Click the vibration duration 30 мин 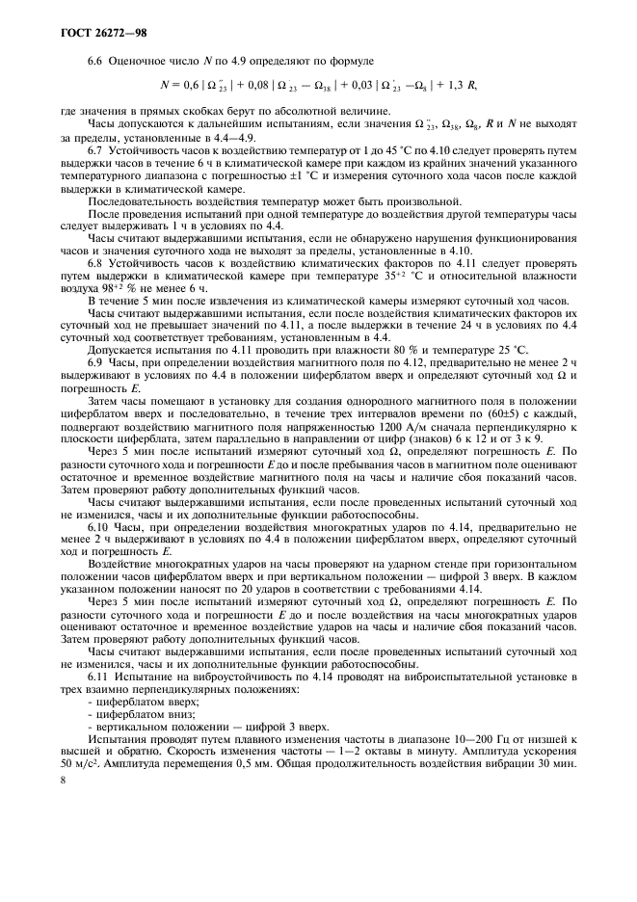[559, 752]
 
